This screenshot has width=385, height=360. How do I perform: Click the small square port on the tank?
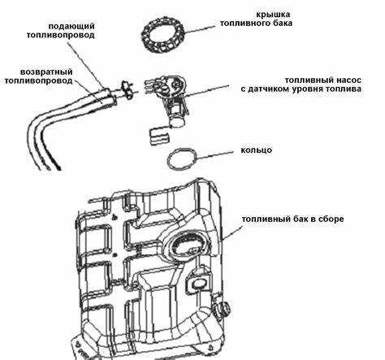pos(196,284)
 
